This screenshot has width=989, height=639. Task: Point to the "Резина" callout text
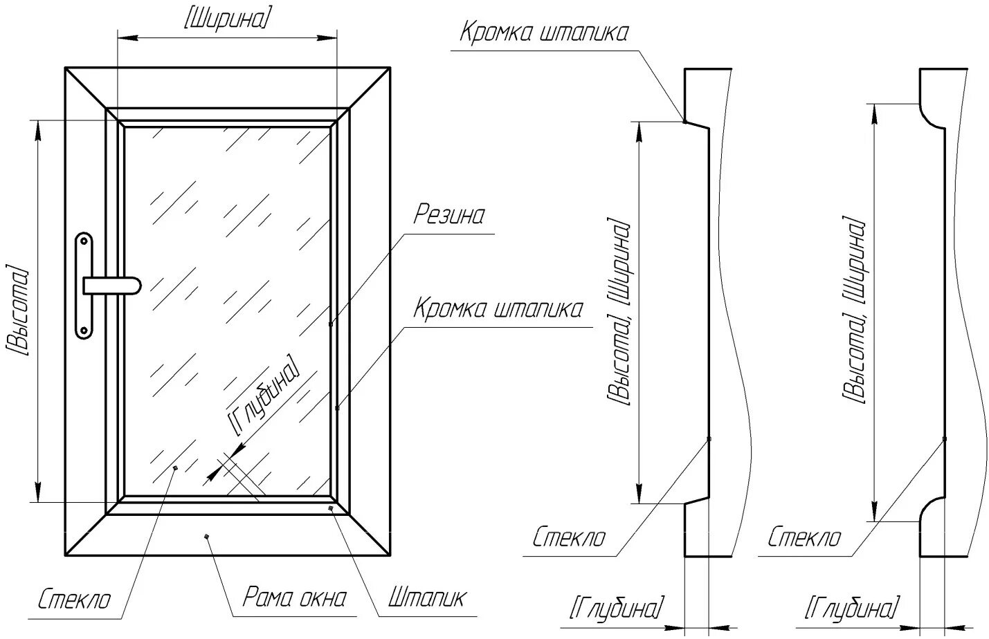(449, 215)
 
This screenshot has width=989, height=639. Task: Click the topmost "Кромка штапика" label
(544, 33)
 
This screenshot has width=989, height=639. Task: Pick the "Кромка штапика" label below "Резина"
(498, 308)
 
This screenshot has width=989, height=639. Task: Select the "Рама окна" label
(294, 598)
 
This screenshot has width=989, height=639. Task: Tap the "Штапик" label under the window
(427, 598)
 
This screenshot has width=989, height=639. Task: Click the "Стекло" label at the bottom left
(74, 599)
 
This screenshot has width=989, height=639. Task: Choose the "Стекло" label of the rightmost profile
(805, 537)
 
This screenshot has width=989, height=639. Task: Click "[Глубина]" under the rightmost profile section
(853, 608)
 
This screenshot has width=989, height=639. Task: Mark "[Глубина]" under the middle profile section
(617, 608)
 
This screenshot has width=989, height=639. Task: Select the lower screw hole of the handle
(84, 331)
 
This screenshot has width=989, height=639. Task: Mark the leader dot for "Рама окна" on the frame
(206, 536)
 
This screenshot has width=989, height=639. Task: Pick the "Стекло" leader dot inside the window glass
(175, 468)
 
